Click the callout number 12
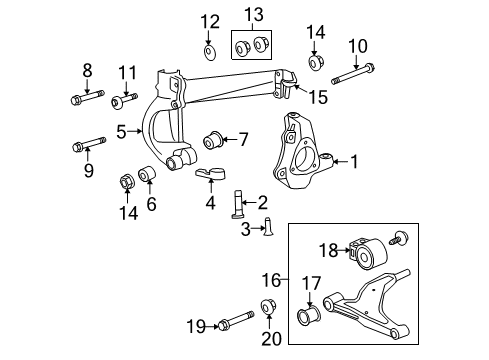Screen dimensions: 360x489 (x=208, y=21)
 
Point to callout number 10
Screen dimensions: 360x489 (x=357, y=45)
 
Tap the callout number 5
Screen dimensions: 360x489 (x=121, y=130)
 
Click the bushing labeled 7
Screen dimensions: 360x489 (x=214, y=137)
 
